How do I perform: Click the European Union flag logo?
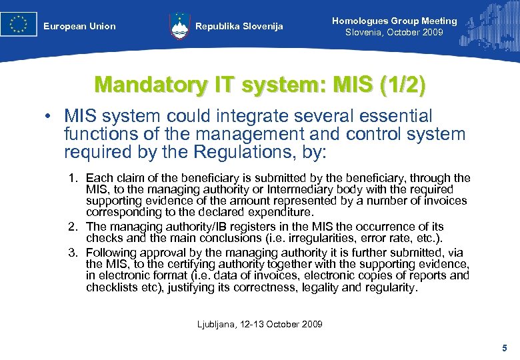tap(19, 24)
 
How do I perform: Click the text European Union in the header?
tap(79, 27)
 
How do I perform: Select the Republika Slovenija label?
tap(239, 27)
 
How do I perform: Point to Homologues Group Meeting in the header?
tap(395, 21)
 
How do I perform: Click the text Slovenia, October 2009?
tap(394, 32)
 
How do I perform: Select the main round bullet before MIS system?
tap(49, 117)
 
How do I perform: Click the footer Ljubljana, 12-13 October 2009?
tap(260, 324)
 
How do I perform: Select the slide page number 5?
tap(504, 348)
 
